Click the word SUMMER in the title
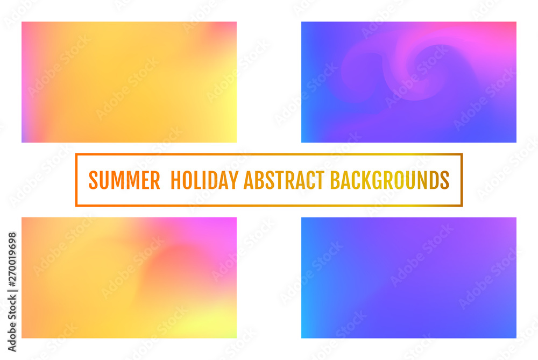point(124,180)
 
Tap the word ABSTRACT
point(284,180)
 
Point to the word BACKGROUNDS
point(390,180)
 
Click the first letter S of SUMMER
point(93,180)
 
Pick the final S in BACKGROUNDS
point(445,180)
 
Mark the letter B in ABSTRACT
point(258,180)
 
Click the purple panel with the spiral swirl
point(409,82)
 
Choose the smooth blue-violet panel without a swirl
point(409,278)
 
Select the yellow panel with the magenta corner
point(129,278)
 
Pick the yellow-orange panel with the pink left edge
point(129,82)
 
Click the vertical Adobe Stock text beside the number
point(12,317)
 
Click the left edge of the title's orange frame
point(76,180)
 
